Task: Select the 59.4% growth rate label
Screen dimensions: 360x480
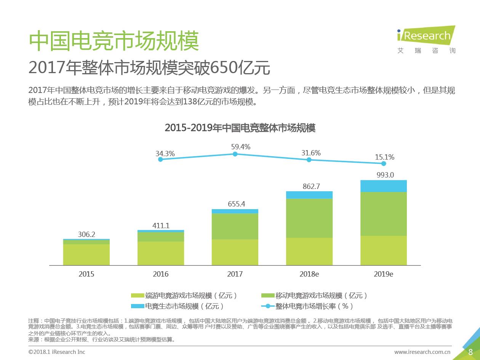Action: pos(240,147)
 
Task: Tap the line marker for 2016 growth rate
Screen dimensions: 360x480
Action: pos(160,159)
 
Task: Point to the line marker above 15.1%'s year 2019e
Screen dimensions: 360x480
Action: pos(384,163)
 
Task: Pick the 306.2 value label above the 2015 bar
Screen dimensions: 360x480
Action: pos(86,234)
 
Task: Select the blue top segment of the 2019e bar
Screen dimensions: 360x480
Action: pos(384,186)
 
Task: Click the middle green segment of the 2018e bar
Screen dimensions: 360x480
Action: pos(309,218)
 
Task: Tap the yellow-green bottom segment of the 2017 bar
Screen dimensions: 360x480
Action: pos(235,252)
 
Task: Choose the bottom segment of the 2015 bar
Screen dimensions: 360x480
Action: pos(86,254)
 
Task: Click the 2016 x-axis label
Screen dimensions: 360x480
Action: pos(160,274)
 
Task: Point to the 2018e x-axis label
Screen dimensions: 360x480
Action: pos(309,274)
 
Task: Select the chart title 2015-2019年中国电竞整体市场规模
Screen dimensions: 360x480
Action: pos(240,128)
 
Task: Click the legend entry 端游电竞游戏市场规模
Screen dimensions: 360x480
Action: pos(184,296)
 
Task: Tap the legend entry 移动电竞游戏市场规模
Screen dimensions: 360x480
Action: pos(315,296)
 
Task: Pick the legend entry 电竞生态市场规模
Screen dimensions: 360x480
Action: pos(178,306)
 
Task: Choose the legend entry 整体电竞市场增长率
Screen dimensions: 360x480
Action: pos(307,306)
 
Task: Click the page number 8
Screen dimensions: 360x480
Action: pos(470,352)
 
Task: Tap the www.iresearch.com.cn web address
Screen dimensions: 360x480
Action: pos(422,352)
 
